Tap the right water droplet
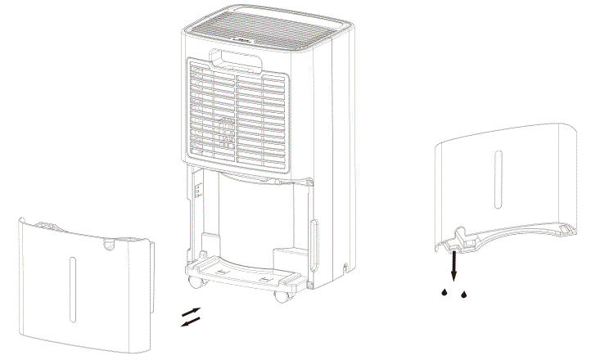(464, 292)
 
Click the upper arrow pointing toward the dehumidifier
(190, 312)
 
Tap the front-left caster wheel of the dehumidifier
(194, 283)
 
